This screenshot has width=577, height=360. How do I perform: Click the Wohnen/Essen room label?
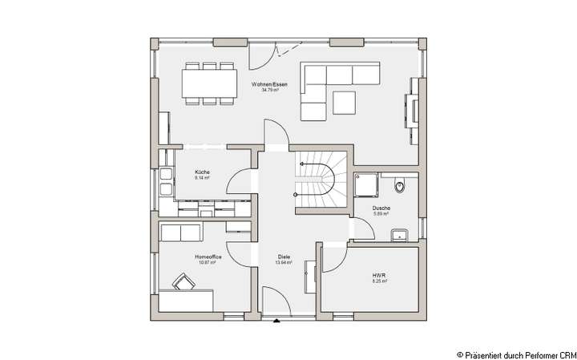click(269, 83)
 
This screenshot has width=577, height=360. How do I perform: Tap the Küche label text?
click(202, 172)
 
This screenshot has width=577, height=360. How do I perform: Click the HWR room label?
click(379, 276)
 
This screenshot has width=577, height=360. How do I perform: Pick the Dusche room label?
click(381, 208)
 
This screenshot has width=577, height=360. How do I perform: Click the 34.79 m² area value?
click(269, 90)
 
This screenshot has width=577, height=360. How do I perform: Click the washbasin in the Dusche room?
click(399, 234)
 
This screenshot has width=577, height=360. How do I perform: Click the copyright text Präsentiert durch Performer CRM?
click(515, 353)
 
